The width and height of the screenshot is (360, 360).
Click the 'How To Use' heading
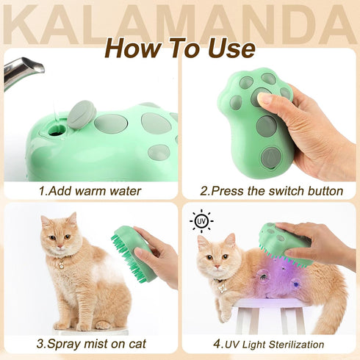pyautogui.click(x=180, y=48)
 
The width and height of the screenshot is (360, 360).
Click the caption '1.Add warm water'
pyautogui.click(x=90, y=191)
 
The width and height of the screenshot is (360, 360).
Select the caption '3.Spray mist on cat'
pyautogui.click(x=90, y=343)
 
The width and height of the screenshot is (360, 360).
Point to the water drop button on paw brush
pyautogui.click(x=270, y=156)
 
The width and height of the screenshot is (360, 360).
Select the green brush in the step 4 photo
pyautogui.click(x=283, y=242)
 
